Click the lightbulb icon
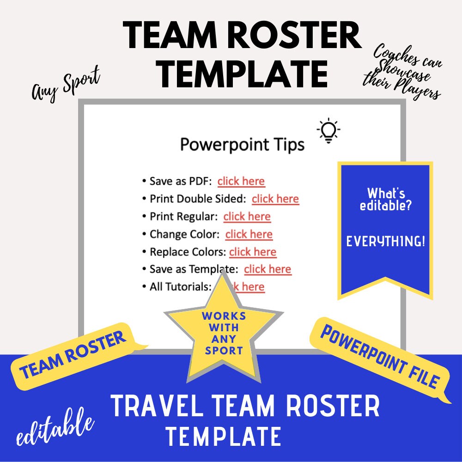pos(328,131)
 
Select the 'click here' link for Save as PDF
pos(241,181)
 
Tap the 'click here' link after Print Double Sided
pos(275,199)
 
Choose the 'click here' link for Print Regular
pos(247,216)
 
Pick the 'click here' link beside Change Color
pos(249,234)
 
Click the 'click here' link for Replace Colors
pos(253,252)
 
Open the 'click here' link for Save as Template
pos(267,269)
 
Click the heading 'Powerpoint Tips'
pos(242,145)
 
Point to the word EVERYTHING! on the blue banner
pos(386,241)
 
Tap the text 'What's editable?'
pos(386,200)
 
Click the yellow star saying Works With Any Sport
pos(224,333)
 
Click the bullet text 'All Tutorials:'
pos(180,287)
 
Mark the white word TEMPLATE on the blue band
pos(224,437)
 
